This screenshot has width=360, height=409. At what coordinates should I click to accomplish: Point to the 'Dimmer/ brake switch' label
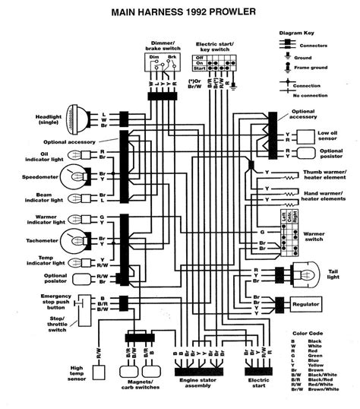coord(160,43)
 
